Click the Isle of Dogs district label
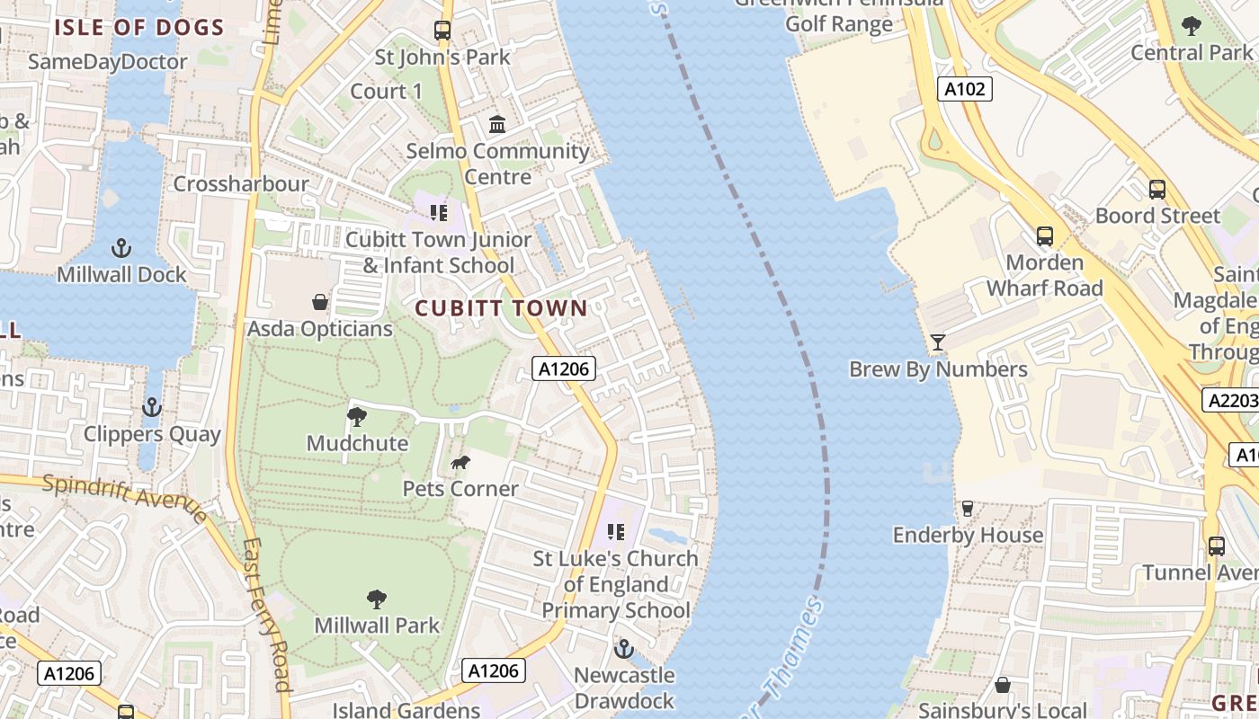[x=138, y=27]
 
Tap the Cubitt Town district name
[x=501, y=308]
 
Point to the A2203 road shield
[x=1229, y=400]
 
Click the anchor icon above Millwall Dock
[x=121, y=247]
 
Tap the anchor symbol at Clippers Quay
[x=152, y=408]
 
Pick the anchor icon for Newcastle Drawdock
[x=624, y=648]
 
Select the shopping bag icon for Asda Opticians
[x=319, y=301]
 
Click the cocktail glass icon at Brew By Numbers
[x=938, y=342]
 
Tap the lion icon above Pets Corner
[x=460, y=463]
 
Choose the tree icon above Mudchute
[x=357, y=417]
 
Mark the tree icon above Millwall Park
[x=377, y=599]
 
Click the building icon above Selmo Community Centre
[x=497, y=124]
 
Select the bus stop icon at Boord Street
[x=1157, y=190]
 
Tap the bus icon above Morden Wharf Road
[x=1044, y=236]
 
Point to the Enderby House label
[x=968, y=535]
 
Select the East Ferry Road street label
[x=267, y=613]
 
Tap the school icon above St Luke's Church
[x=615, y=532]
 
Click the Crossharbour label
[x=240, y=184]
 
